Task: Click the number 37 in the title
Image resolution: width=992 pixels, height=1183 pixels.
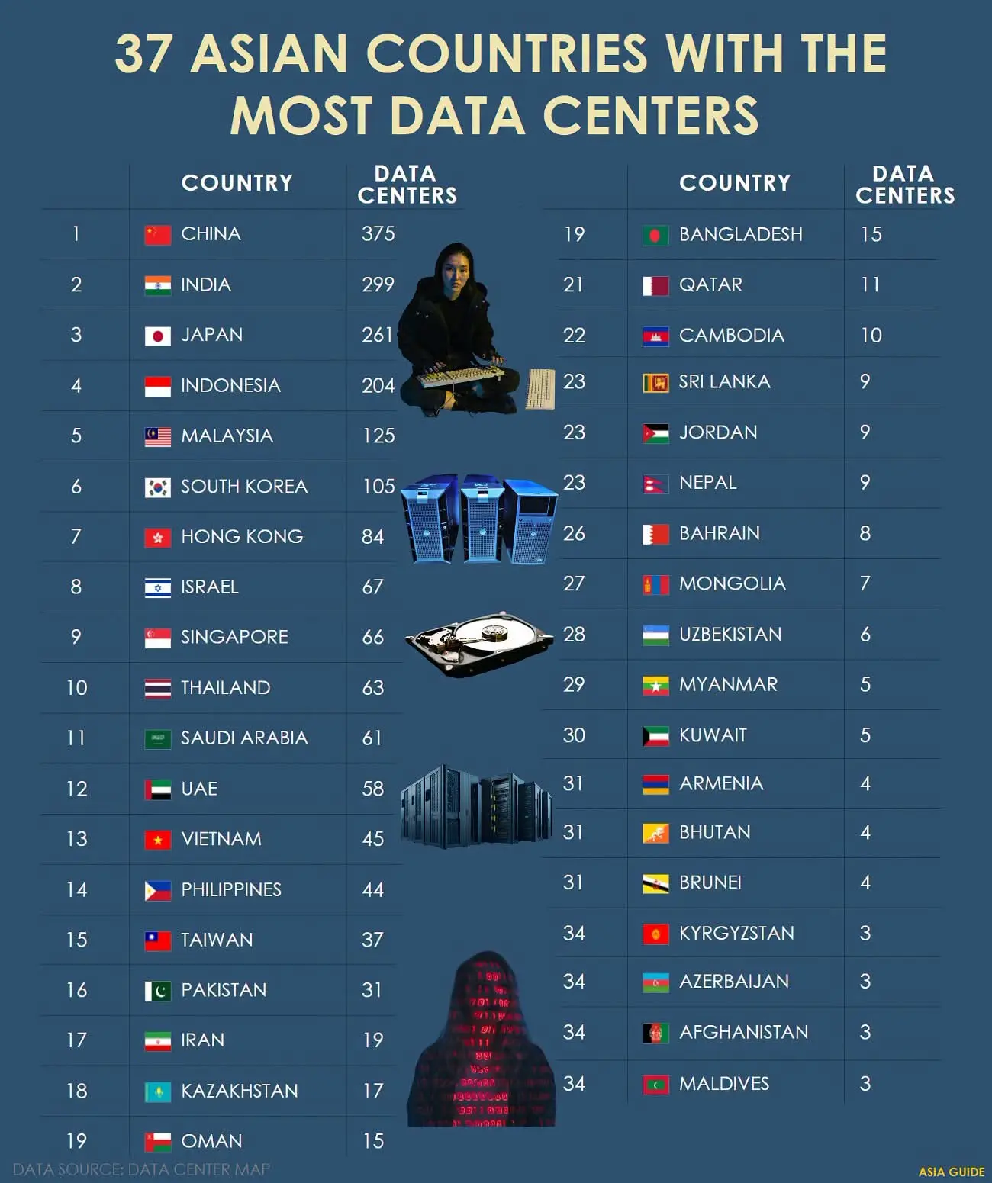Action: coord(143,53)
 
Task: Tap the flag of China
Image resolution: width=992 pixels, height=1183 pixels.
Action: coord(158,235)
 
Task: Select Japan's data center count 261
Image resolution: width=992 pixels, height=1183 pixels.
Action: coord(378,335)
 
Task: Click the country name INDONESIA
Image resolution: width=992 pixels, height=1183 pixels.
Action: coord(230,385)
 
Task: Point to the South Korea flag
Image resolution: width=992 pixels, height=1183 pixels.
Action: coord(158,487)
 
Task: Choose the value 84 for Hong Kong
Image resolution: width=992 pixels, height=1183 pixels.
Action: coord(373,536)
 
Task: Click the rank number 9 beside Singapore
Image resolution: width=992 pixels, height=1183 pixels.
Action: coord(76,637)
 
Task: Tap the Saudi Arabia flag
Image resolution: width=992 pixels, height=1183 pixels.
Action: coord(158,739)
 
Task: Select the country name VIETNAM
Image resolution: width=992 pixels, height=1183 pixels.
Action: coord(221,838)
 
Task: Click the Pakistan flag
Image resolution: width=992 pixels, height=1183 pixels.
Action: coord(158,991)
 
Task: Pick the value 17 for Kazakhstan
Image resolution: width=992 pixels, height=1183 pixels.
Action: coord(374,1091)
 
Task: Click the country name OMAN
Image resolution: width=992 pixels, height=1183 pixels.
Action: coord(211,1141)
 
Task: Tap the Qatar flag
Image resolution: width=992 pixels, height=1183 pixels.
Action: coord(655,286)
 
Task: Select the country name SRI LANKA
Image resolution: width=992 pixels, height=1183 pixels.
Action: coord(724,382)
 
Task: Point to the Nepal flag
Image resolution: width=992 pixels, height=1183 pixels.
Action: coord(655,484)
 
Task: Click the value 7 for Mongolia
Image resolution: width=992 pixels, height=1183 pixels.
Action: coord(865,583)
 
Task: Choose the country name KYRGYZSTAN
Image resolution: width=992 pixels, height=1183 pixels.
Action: coord(736,933)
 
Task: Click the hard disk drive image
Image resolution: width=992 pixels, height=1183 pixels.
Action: coord(479,644)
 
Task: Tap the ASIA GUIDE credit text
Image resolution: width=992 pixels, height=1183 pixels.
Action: coord(952,1172)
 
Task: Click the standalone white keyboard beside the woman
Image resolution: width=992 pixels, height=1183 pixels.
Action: coord(540,389)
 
